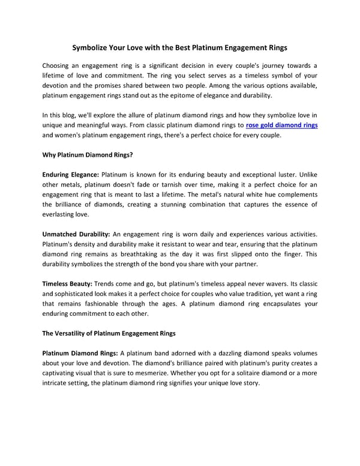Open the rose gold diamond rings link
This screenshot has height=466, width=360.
(x=281, y=125)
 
